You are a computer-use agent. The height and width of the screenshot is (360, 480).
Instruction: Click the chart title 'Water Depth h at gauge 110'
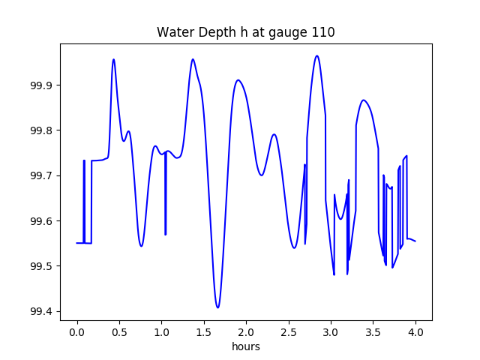(x=245, y=33)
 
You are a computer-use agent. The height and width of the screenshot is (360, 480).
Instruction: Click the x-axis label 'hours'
(x=246, y=346)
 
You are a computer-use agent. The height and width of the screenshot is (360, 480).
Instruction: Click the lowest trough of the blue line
(x=217, y=307)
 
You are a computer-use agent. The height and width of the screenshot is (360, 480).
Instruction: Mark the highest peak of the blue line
(x=317, y=55)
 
